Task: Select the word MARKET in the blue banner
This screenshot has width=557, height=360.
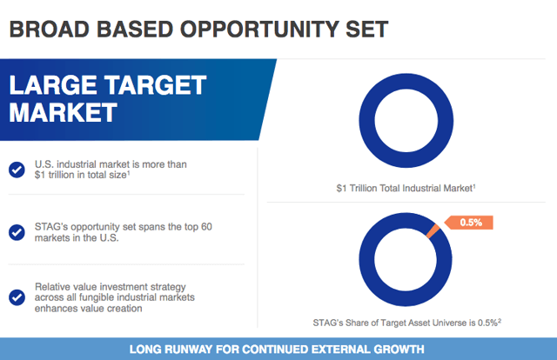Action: click(63, 112)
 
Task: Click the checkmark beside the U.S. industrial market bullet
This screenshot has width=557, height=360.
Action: click(17, 170)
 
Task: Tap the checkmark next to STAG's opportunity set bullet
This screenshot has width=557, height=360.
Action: click(17, 232)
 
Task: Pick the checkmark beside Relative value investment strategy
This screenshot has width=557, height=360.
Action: click(17, 297)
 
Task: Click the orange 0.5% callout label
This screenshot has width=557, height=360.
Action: click(469, 223)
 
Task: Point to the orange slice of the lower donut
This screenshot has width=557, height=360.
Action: click(433, 231)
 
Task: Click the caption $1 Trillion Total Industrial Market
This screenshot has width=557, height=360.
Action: click(406, 188)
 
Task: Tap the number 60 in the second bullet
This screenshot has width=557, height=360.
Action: click(206, 226)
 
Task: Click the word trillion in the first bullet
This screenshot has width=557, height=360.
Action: click(61, 175)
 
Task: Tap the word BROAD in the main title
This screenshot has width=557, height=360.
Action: click(50, 29)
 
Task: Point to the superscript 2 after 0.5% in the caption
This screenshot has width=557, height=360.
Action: click(500, 320)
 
